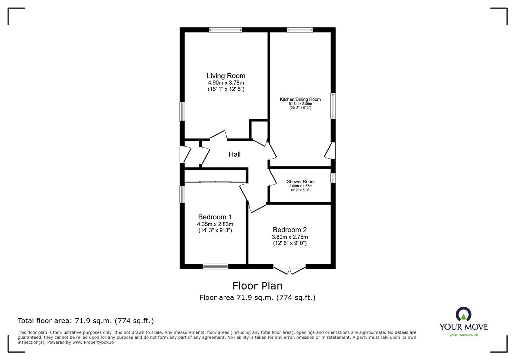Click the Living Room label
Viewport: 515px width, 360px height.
[226, 76]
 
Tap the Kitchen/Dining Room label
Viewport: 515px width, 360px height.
[300, 99]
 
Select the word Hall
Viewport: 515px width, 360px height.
[235, 154]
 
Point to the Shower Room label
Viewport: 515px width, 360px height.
[301, 181]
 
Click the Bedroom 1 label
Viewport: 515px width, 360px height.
[215, 217]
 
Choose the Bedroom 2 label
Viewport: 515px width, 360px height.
[290, 230]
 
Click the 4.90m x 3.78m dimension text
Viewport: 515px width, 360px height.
[226, 83]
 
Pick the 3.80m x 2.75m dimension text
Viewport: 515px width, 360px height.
[290, 237]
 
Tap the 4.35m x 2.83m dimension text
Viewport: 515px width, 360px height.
[215, 224]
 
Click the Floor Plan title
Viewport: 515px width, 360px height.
[257, 286]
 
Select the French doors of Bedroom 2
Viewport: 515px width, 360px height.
[289, 270]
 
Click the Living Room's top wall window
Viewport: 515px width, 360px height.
[225, 30]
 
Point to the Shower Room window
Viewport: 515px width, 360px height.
[333, 178]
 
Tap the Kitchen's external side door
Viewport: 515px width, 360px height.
[330, 151]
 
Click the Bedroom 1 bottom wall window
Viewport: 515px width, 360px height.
[215, 266]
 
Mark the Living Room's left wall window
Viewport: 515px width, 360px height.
[182, 112]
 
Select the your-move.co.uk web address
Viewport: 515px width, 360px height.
[464, 335]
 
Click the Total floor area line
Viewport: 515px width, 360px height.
[86, 321]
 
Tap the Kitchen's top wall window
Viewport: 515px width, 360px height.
[300, 30]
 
